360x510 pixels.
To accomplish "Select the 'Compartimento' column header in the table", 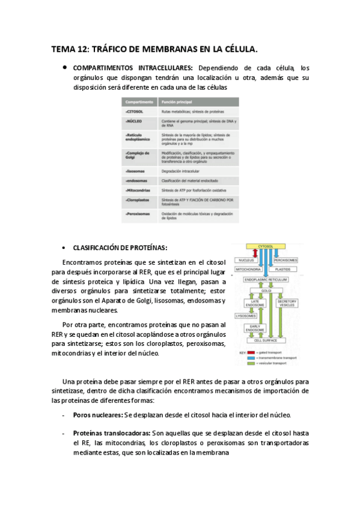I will coord(138,103).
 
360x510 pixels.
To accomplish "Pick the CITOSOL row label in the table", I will coord(134,112).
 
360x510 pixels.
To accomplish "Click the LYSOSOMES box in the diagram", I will coord(246,315).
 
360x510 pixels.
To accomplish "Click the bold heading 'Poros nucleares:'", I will coord(97,415).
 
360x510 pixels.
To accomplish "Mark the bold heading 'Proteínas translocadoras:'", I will coord(112,433).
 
